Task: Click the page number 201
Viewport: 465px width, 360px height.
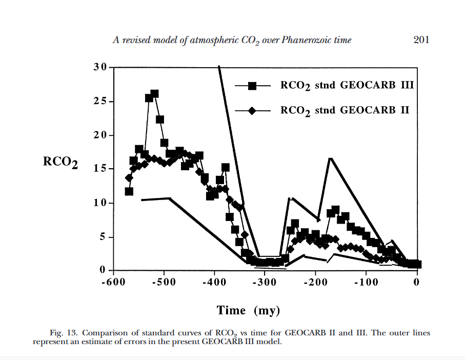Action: point(421,40)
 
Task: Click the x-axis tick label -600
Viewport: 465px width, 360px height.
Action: point(113,283)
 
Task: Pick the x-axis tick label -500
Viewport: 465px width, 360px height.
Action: point(164,283)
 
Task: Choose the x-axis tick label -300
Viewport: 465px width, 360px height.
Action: point(265,283)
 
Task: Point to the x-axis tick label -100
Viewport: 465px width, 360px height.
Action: point(366,283)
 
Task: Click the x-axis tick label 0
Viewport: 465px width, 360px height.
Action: point(417,283)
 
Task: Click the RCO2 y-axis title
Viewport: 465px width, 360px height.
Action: point(60,163)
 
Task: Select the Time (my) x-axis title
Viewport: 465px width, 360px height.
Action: point(249,310)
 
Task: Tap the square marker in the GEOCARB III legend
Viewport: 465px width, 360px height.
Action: point(252,86)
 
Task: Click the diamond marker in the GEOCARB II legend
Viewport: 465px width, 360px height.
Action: point(252,111)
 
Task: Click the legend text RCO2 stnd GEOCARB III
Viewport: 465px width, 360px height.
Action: point(347,86)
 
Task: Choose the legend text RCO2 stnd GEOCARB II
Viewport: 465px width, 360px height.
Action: point(345,111)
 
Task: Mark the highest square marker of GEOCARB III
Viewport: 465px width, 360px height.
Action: point(154,93)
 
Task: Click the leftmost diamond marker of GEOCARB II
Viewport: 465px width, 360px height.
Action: point(129,178)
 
